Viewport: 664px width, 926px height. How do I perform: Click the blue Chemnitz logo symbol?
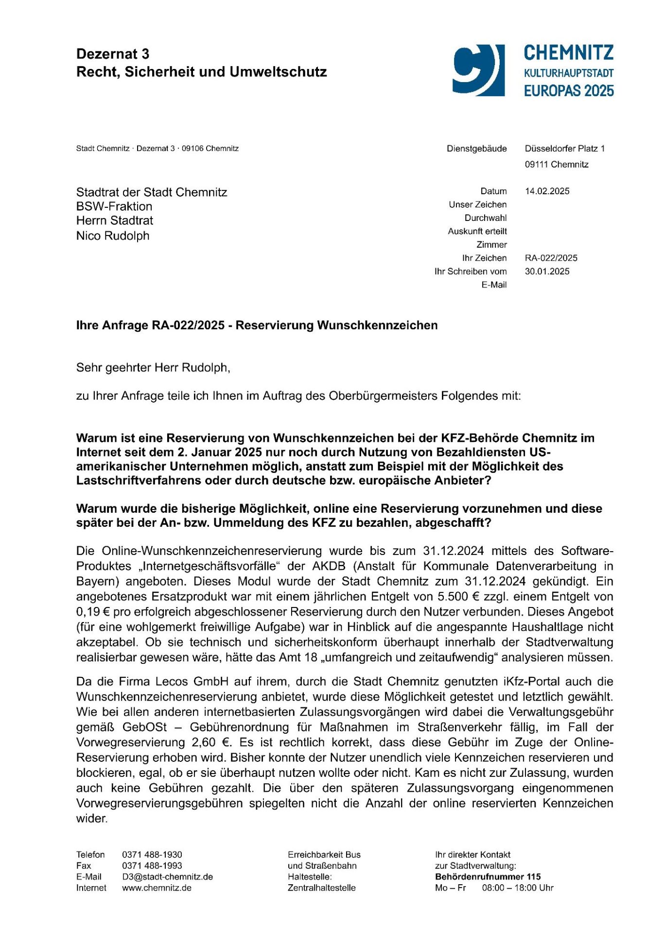(478, 70)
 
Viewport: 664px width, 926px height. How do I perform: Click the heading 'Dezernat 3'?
(113, 54)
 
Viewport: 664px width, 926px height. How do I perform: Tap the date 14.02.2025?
(547, 191)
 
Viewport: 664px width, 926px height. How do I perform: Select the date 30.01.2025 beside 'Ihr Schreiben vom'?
(547, 271)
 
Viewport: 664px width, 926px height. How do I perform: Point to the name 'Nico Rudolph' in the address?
(113, 236)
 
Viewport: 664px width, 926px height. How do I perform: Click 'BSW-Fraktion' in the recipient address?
(114, 206)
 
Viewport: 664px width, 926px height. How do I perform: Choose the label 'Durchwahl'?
(485, 218)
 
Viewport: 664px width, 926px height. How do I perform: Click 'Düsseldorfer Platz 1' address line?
(564, 149)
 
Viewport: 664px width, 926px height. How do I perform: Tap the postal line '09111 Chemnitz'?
(557, 165)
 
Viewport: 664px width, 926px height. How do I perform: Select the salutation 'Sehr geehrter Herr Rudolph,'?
(153, 368)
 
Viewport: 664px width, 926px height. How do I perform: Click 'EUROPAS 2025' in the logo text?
(569, 91)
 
